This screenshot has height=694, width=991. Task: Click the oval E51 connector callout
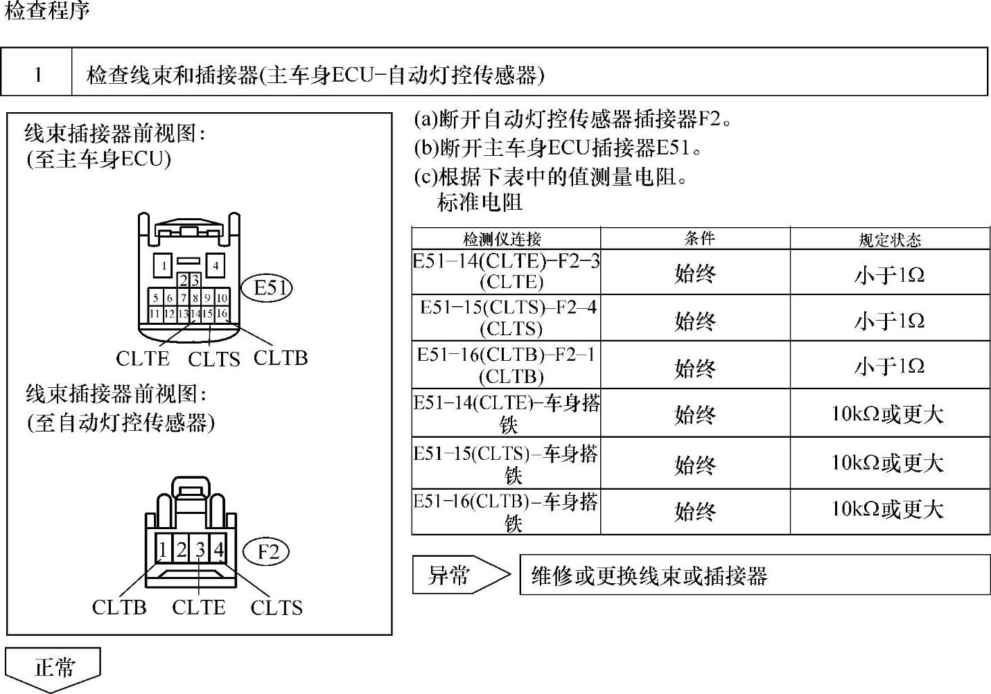[267, 287]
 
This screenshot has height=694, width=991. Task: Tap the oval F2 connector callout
[268, 552]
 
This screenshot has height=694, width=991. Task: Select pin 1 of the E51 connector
[164, 265]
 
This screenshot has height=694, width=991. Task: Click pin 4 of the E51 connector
[216, 265]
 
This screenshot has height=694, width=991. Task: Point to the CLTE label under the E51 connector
[143, 358]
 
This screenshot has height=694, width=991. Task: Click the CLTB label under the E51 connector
[280, 358]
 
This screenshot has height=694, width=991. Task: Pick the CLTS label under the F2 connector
[277, 607]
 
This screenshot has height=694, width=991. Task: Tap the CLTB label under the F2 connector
[119, 607]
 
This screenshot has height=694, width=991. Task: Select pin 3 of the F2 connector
[200, 550]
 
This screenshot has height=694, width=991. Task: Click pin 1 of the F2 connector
[162, 550]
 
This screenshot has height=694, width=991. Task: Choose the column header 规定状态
[890, 240]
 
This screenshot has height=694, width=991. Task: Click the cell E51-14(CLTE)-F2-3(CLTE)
[506, 272]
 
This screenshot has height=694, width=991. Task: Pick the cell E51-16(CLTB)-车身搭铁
[506, 512]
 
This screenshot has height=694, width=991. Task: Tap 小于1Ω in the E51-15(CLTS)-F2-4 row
[889, 321]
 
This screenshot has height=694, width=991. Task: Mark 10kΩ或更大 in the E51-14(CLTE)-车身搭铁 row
[888, 414]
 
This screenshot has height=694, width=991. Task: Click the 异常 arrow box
[457, 575]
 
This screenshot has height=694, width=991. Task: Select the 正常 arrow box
[54, 668]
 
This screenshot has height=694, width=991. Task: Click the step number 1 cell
[37, 74]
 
